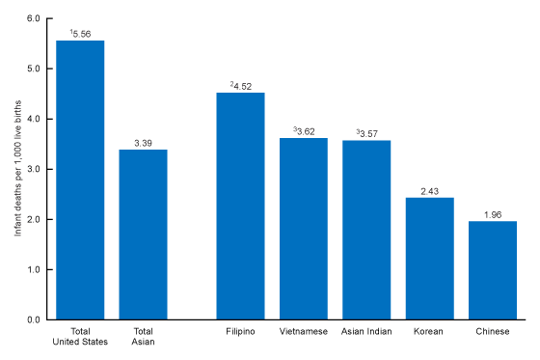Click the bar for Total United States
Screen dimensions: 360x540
click(80, 180)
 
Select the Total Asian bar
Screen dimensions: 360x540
click(143, 235)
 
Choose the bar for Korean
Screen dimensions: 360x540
click(429, 258)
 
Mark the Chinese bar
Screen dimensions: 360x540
click(493, 270)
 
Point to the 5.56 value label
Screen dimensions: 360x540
click(82, 34)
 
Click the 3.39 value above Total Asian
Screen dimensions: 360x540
click(143, 143)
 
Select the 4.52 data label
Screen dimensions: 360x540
click(242, 86)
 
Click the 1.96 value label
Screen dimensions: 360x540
click(493, 214)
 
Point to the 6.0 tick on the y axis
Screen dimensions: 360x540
click(34, 18)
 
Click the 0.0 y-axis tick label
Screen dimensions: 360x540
click(34, 319)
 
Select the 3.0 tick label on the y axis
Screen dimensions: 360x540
click(34, 169)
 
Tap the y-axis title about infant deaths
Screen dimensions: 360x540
click(16, 169)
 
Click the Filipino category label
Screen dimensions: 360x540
click(240, 333)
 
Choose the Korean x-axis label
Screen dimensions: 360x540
click(429, 333)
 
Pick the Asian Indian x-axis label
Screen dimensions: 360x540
click(366, 333)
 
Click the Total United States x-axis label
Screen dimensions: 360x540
click(80, 338)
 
